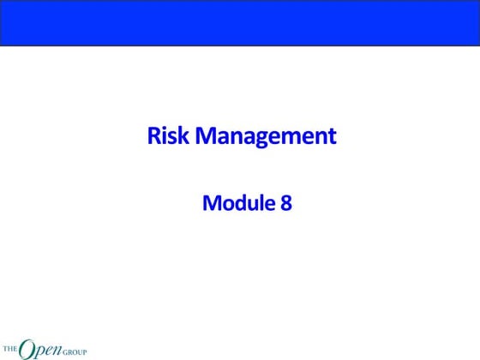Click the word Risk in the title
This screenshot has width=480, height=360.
(x=168, y=136)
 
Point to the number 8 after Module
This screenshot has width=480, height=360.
(x=286, y=204)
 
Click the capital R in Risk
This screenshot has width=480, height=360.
(x=155, y=136)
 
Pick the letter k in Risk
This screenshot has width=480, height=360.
(x=184, y=136)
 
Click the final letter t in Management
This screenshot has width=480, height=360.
(x=332, y=137)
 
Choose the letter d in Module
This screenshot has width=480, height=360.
(x=237, y=204)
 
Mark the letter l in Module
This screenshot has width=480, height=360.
(x=257, y=203)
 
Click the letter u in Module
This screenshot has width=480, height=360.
(x=249, y=206)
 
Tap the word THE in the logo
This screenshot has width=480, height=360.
(x=10, y=349)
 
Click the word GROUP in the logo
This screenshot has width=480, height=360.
(x=73, y=351)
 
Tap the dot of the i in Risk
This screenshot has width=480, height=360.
(x=166, y=129)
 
